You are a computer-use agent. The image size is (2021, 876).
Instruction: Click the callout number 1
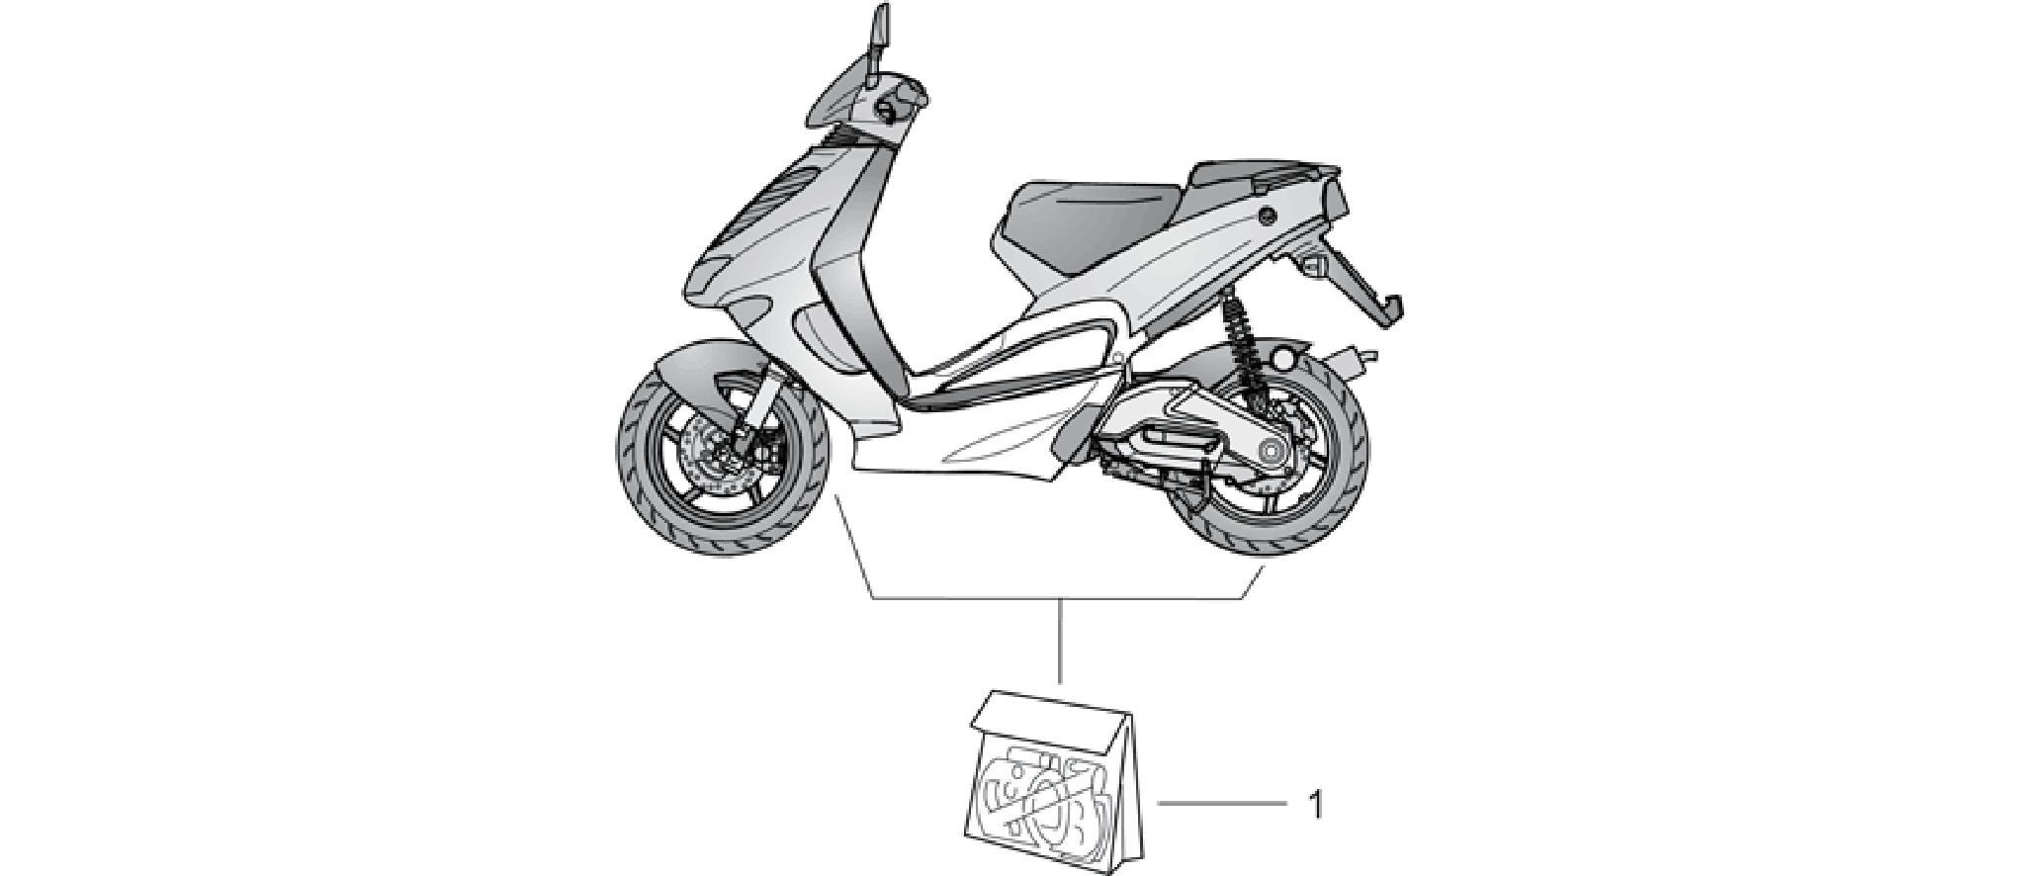pyautogui.click(x=1314, y=805)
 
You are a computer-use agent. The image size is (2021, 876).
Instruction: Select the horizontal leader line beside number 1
pyautogui.click(x=1222, y=805)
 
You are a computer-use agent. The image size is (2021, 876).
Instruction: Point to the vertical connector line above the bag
pyautogui.click(x=1060, y=641)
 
